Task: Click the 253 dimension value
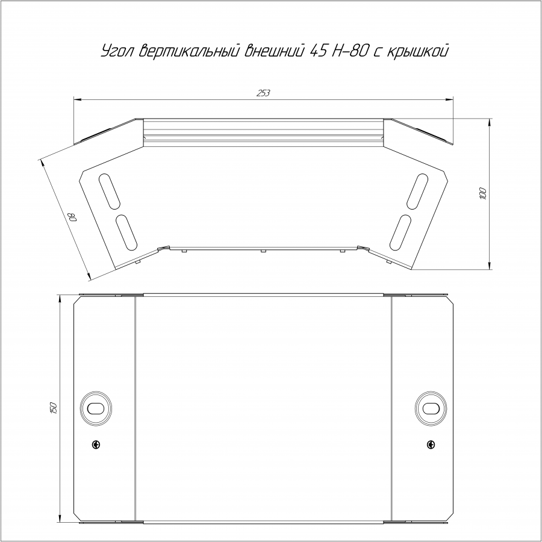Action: point(263,93)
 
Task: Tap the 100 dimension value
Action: point(483,193)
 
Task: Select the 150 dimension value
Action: point(53,408)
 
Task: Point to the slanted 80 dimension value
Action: point(73,217)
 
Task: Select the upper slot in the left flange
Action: point(110,192)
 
